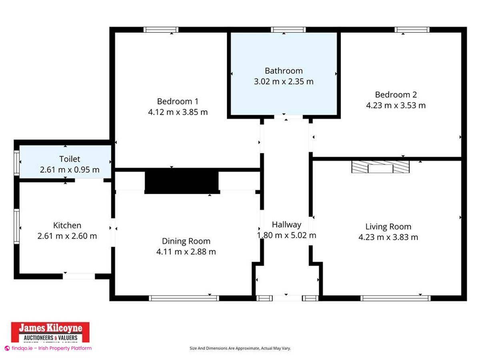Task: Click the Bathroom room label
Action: tap(284, 71)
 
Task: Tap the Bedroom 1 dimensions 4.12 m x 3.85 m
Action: tap(178, 112)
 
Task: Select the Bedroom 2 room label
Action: tap(396, 95)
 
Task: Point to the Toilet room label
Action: tap(70, 159)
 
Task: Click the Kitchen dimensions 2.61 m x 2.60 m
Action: tap(67, 236)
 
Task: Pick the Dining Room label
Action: tap(186, 241)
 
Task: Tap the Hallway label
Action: tap(286, 224)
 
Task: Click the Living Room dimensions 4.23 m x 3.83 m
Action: tap(388, 237)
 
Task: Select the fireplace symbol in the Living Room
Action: tap(380, 167)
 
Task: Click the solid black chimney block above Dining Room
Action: tap(182, 181)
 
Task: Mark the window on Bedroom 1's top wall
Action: tap(161, 30)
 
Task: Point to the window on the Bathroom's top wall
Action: tap(288, 30)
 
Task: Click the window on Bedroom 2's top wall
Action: tap(412, 30)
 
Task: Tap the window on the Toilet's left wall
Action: tap(17, 162)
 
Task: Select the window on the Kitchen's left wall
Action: tap(17, 226)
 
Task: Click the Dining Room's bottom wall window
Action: tap(184, 298)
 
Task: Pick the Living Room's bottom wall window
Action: tap(395, 298)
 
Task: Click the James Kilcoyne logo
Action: tap(50, 332)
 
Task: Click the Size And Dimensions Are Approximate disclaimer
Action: tap(240, 348)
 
